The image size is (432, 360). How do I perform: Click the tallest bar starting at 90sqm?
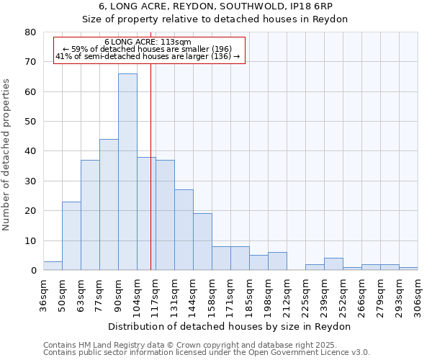pyautogui.click(x=127, y=172)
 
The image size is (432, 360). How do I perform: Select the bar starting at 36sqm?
pyautogui.click(x=53, y=266)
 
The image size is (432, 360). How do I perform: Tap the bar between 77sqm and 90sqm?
pyautogui.click(x=109, y=204)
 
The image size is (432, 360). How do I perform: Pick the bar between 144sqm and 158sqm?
pyautogui.click(x=202, y=242)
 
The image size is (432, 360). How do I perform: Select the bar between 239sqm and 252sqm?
pyautogui.click(x=333, y=264)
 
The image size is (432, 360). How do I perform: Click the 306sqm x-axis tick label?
pyautogui.click(x=418, y=295)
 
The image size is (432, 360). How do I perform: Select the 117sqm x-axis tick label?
pyautogui.click(x=156, y=295)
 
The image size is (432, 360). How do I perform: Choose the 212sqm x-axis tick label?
pyautogui.click(x=287, y=295)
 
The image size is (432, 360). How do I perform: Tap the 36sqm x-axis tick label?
pyautogui.click(x=43, y=295)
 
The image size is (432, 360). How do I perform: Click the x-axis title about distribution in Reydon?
pyautogui.click(x=230, y=326)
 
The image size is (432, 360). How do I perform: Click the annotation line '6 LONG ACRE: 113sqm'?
pyautogui.click(x=148, y=42)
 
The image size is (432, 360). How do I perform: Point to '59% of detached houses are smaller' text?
pyautogui.click(x=148, y=49)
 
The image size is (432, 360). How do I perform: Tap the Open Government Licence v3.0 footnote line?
pyautogui.click(x=207, y=353)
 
